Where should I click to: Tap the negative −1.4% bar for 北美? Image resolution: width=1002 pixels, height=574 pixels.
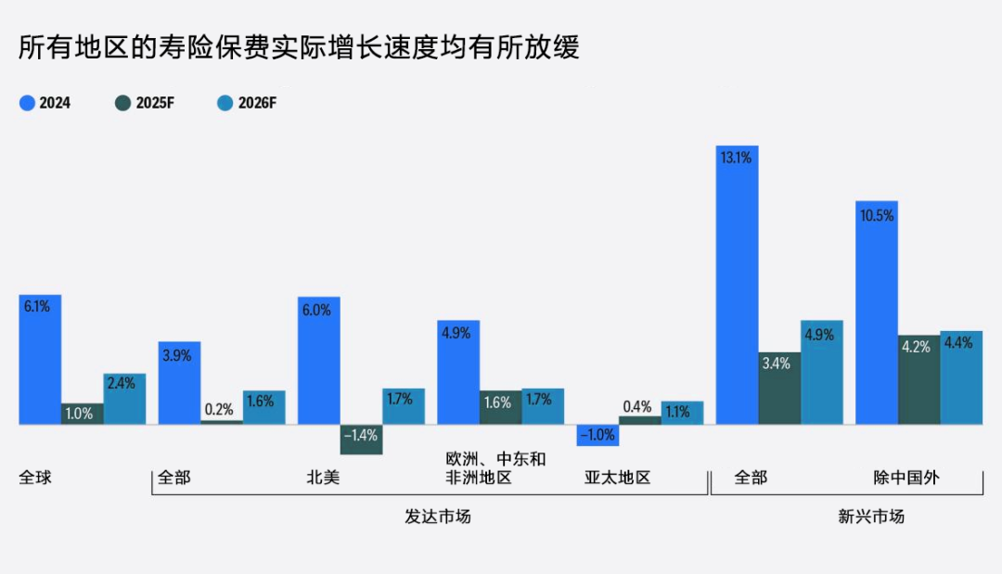[361, 440]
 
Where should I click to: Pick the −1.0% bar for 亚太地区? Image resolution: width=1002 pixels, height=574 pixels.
[597, 435]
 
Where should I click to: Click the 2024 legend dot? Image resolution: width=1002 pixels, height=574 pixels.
[27, 103]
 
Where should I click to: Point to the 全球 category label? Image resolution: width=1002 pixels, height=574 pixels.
[35, 478]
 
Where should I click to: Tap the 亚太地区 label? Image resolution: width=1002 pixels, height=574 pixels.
[617, 478]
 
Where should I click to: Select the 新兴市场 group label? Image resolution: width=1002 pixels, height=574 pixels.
[870, 517]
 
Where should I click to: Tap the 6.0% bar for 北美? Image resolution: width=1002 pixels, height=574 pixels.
[318, 361]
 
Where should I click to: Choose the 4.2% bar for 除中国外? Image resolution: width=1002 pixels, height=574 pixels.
[918, 379]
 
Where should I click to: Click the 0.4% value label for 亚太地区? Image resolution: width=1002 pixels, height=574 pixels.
[637, 406]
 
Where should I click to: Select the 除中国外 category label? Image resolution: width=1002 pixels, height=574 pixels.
[906, 478]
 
